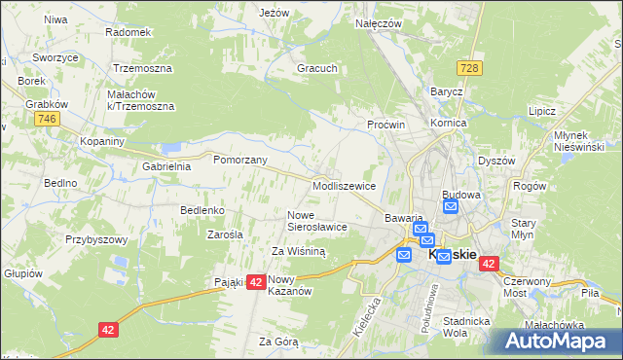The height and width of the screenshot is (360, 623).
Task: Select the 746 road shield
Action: [x=45, y=119]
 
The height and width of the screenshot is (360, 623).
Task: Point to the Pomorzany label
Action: [x=239, y=160]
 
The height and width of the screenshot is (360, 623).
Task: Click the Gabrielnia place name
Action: [x=166, y=166]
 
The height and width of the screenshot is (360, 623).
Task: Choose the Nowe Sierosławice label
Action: [x=317, y=221]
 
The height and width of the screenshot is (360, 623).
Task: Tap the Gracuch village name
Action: [x=317, y=69]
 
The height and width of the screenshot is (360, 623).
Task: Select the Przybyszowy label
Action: [x=96, y=239]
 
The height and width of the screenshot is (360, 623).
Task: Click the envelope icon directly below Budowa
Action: [x=451, y=207]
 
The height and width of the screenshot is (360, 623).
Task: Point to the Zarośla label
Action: [x=226, y=234]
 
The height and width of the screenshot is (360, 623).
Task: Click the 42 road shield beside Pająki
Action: [x=255, y=281]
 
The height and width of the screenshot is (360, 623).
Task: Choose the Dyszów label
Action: [x=496, y=161]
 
